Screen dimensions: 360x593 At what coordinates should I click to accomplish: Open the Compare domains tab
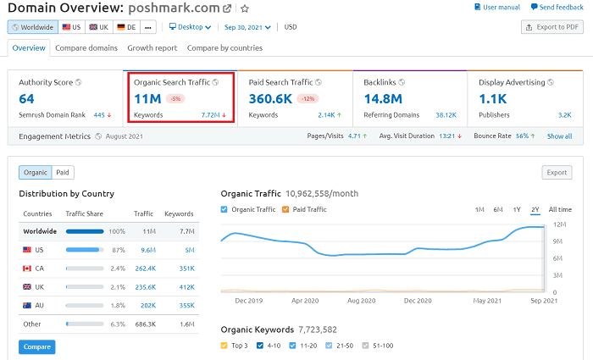click(x=86, y=48)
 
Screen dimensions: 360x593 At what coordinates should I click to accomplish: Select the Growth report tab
click(x=152, y=48)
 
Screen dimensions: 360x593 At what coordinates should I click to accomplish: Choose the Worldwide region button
click(x=33, y=27)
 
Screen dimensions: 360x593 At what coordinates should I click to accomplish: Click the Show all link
click(x=559, y=136)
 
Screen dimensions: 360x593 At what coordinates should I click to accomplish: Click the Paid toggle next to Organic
click(x=63, y=173)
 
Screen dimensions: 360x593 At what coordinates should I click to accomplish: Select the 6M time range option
click(x=498, y=209)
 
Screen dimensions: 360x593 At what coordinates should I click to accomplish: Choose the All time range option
click(x=560, y=209)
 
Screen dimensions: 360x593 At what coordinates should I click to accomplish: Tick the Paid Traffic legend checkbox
click(x=286, y=209)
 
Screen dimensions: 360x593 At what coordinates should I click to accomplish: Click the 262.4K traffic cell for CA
click(x=144, y=269)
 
